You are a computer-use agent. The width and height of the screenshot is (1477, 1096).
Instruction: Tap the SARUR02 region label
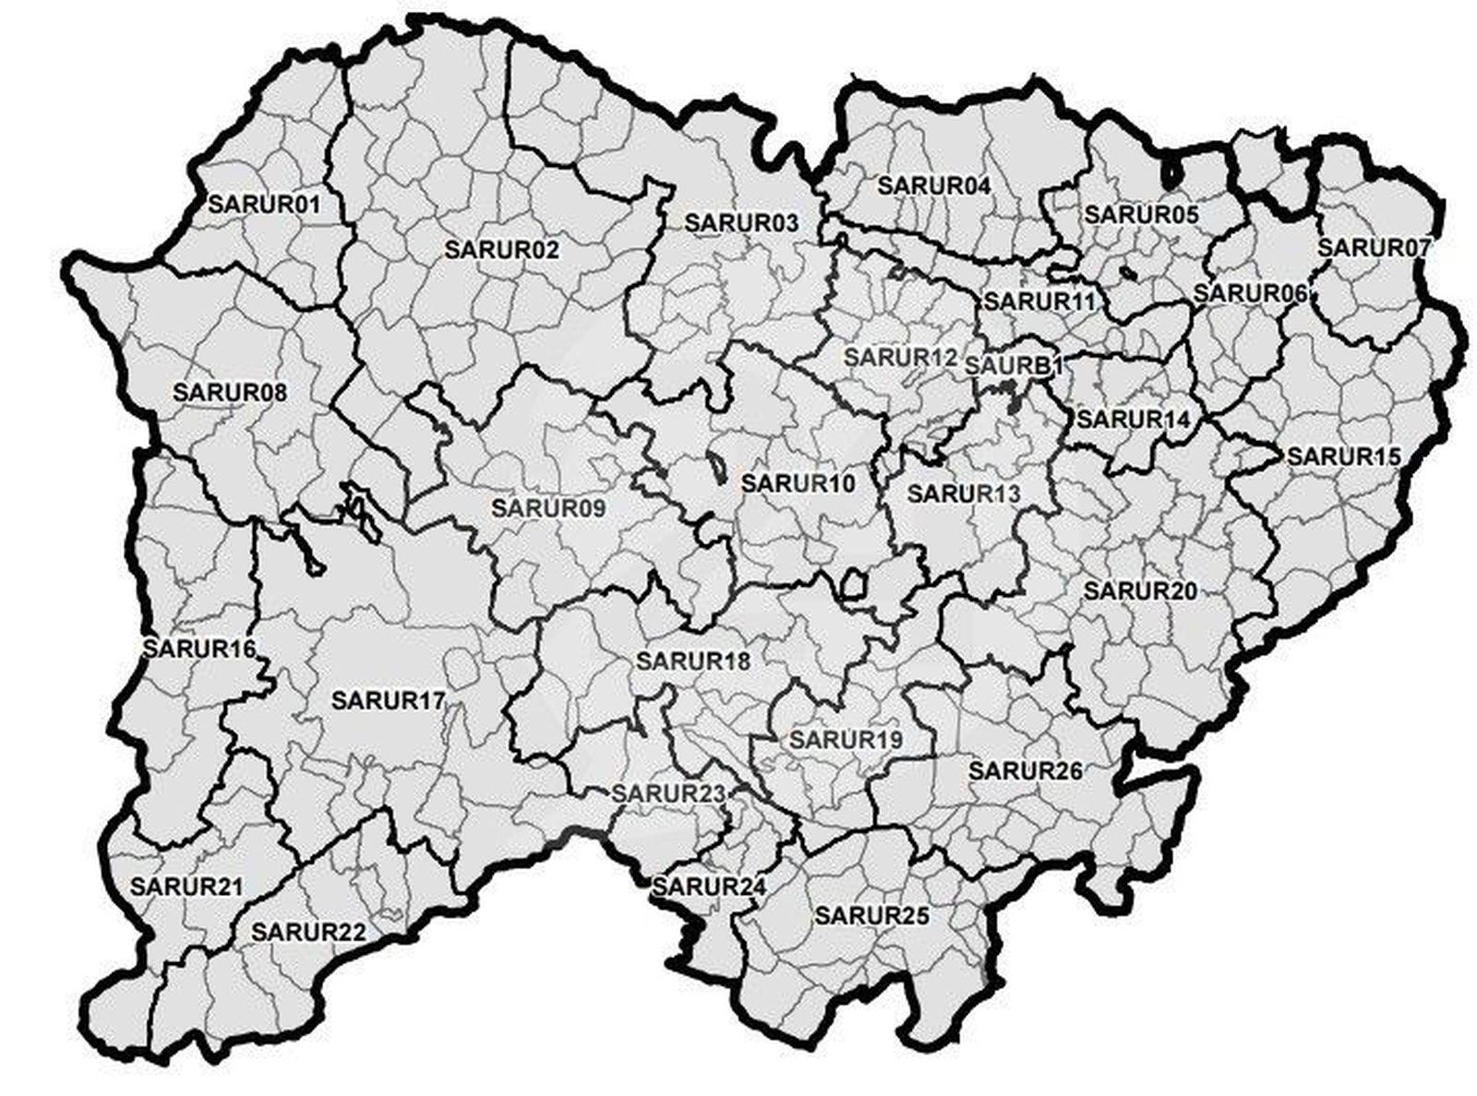(x=501, y=249)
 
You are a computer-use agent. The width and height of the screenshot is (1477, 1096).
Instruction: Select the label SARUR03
(x=741, y=222)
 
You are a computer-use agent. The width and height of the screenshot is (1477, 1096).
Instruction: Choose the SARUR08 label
(x=230, y=392)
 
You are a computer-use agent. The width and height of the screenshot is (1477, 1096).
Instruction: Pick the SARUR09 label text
(x=548, y=507)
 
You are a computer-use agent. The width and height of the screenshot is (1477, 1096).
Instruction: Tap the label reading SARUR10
(x=799, y=482)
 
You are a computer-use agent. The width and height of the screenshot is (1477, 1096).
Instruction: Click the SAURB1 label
(x=1014, y=365)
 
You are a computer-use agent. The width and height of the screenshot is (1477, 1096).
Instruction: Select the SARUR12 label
(x=901, y=355)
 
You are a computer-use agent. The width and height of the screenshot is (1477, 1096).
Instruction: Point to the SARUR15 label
(x=1344, y=456)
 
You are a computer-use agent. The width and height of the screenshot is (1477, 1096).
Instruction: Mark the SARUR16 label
(x=198, y=648)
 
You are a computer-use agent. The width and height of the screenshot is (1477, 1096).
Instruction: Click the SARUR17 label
(x=388, y=699)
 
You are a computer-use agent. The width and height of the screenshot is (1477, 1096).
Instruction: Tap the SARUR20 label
(x=1140, y=590)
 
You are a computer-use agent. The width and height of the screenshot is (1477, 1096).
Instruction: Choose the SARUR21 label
(x=186, y=887)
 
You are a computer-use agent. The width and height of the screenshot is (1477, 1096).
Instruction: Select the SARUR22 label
(x=308, y=931)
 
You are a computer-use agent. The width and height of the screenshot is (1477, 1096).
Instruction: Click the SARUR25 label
(x=871, y=915)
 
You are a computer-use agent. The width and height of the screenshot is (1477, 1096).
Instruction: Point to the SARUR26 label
(x=1025, y=769)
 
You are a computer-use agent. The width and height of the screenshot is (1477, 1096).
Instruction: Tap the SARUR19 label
(x=846, y=739)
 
